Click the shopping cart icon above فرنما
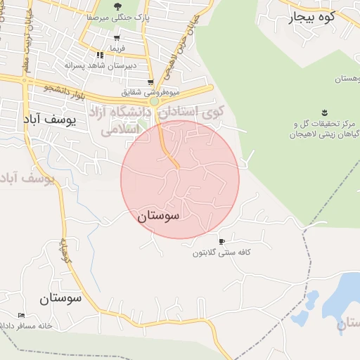point(116,39)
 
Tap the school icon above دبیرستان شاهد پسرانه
point(100,54)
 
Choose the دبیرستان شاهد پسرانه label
point(101,65)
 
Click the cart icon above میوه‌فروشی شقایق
point(150,82)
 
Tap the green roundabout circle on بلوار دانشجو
point(154,101)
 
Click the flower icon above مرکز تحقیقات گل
point(324,112)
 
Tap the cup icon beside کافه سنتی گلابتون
point(222,241)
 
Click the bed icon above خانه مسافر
point(21,314)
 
